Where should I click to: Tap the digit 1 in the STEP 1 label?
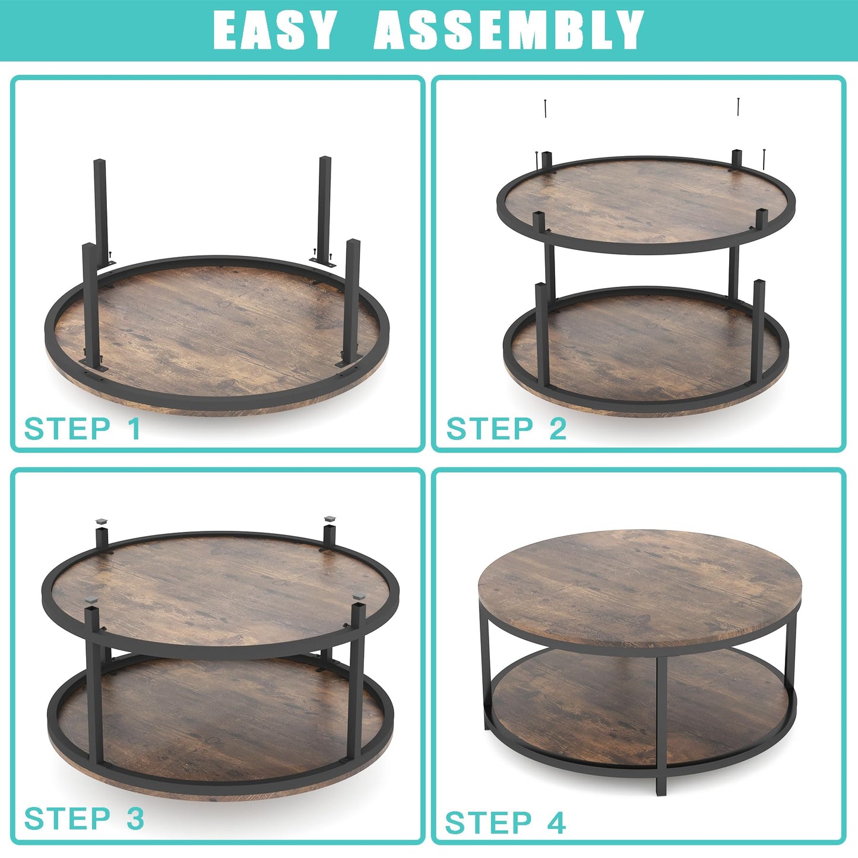click(134, 429)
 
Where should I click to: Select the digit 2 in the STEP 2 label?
click(557, 429)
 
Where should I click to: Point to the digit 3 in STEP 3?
click(135, 819)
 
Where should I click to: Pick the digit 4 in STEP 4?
click(556, 823)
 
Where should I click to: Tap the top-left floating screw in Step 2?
click(545, 109)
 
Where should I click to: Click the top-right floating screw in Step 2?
click(738, 107)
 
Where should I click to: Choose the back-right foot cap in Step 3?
click(330, 520)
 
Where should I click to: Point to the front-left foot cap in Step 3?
click(91, 603)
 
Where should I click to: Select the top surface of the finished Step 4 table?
click(640, 582)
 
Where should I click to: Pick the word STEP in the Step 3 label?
click(67, 819)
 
